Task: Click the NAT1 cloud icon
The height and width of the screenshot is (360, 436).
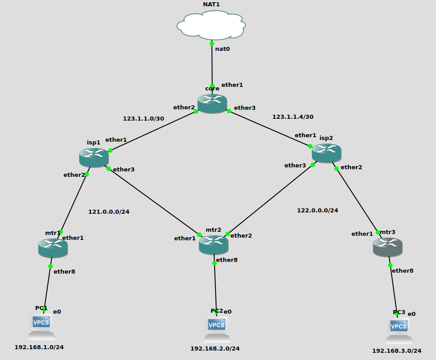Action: click(x=211, y=25)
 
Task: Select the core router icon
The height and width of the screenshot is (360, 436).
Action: click(x=212, y=103)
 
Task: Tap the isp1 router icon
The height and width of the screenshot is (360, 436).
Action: click(x=94, y=157)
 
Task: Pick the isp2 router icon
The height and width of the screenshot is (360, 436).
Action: click(x=326, y=153)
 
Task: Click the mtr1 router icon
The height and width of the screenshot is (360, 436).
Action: click(x=53, y=248)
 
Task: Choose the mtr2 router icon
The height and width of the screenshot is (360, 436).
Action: click(x=213, y=244)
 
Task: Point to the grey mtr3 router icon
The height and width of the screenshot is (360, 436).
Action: click(x=387, y=247)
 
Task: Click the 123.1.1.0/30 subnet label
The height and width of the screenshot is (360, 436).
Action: click(x=143, y=119)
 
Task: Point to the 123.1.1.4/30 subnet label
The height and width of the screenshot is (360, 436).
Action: click(x=292, y=117)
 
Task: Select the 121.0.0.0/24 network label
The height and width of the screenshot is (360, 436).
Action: click(x=108, y=211)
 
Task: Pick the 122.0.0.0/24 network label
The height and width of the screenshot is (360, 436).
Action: click(x=317, y=210)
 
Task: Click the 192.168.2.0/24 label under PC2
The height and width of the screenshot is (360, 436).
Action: click(x=215, y=348)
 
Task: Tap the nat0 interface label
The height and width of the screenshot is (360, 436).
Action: click(x=222, y=49)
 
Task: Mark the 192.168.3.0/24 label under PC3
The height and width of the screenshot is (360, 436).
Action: click(x=396, y=351)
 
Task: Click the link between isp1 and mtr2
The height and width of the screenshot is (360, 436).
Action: click(x=153, y=201)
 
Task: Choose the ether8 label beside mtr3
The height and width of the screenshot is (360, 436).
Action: click(x=402, y=271)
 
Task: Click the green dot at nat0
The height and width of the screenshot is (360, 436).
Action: click(x=212, y=44)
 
